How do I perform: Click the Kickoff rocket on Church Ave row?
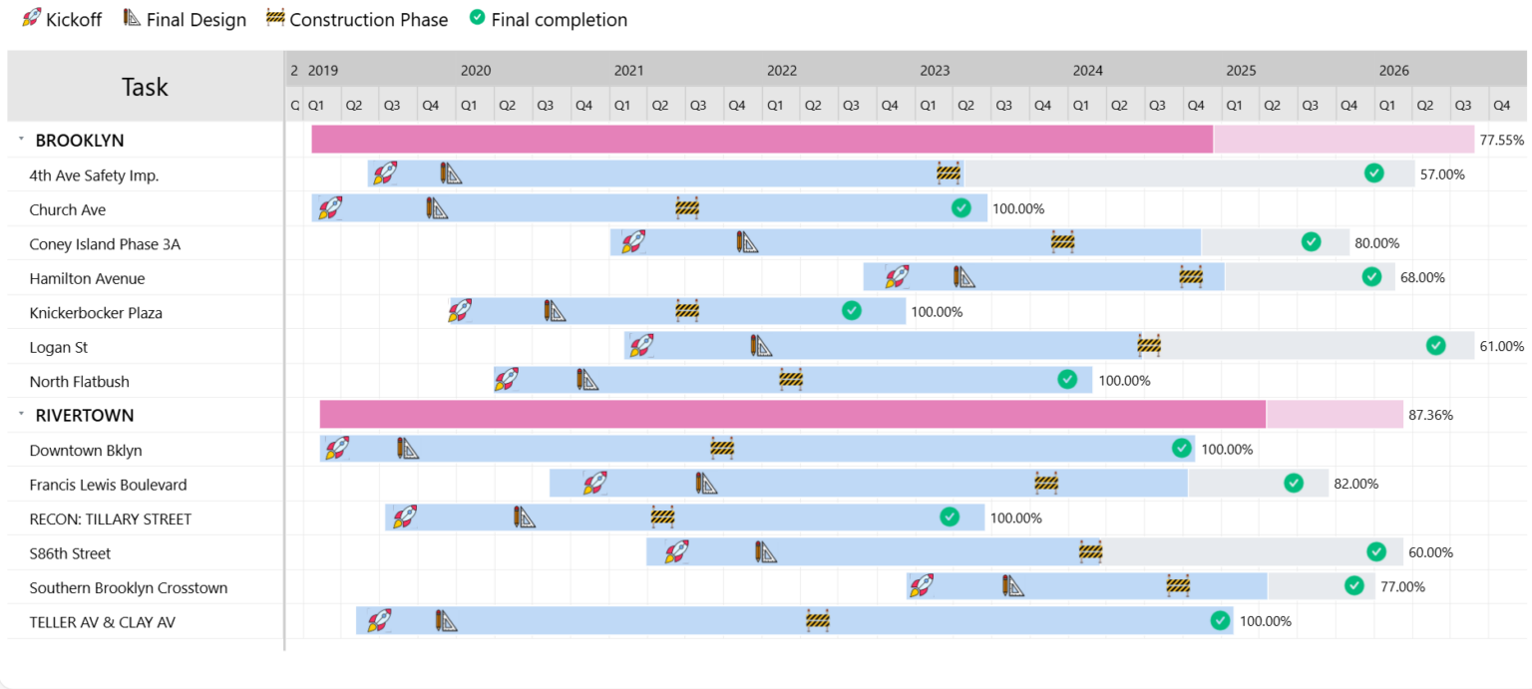[329, 208]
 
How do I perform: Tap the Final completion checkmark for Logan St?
[1435, 346]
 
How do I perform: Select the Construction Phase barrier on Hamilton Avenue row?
[1191, 277]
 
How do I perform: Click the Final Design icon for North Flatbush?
[587, 380]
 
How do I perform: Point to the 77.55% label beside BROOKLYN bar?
[1501, 141]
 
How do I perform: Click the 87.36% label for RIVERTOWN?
[1430, 415]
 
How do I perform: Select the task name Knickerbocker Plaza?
[96, 313]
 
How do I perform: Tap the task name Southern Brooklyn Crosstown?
[129, 588]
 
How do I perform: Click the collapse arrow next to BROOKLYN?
[21, 141]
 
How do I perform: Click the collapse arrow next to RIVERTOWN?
[21, 415]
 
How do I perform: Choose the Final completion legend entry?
[549, 20]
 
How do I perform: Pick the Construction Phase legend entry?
[357, 20]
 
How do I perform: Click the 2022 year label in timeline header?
[782, 71]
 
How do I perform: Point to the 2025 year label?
[1241, 71]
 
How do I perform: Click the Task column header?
[145, 87]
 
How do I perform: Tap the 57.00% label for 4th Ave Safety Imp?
[1442, 174]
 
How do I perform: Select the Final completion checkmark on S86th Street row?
[1376, 552]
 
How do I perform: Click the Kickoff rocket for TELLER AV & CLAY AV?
[378, 621]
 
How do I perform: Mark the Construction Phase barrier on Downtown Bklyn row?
[722, 449]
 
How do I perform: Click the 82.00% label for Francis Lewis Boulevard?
[1356, 485]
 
